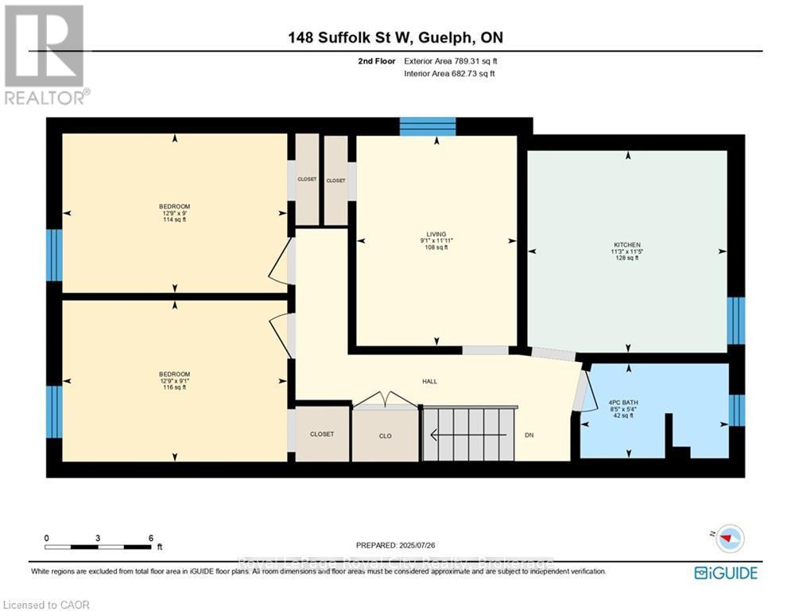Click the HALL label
click(429, 381)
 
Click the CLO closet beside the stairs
click(385, 435)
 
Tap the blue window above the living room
click(427, 126)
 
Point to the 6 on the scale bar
click(150, 538)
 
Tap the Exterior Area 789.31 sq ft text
click(451, 60)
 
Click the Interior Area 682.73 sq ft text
click(449, 73)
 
